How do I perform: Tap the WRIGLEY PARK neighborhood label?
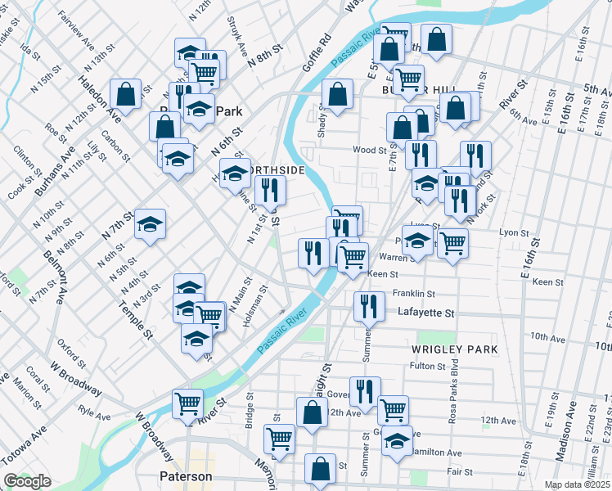454,349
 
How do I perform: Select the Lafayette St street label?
425,313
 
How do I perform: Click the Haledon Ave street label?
99,100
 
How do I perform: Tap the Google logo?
27,481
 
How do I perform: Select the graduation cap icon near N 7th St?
151,223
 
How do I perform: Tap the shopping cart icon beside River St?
187,403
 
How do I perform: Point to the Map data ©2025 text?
578,484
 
